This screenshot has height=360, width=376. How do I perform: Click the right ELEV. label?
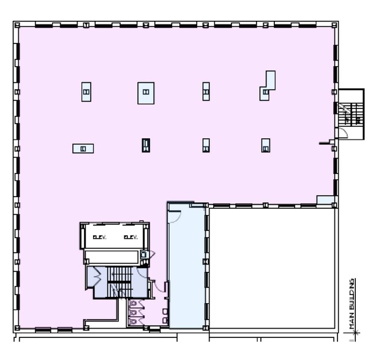click(129, 237)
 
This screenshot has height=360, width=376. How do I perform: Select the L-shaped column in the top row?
click(267, 85)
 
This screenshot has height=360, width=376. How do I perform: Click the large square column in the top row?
click(146, 92)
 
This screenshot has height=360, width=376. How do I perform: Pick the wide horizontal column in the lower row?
click(83, 148)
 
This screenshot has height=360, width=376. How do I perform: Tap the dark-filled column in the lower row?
click(146, 145)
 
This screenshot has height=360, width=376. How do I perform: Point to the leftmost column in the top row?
click(86, 92)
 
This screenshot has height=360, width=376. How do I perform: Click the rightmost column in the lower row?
click(265, 146)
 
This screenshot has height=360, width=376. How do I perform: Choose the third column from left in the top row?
click(206, 92)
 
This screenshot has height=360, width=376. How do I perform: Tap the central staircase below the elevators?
click(119, 281)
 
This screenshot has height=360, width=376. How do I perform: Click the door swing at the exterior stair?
click(343, 133)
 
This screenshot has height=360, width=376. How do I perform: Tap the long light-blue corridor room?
click(186, 269)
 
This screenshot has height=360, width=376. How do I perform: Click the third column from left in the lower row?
click(206, 145)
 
